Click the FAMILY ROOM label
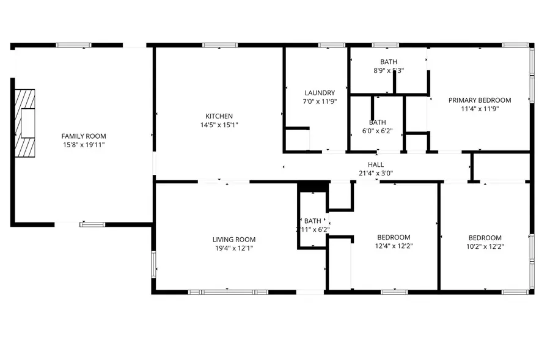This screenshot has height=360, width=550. tap(84, 136)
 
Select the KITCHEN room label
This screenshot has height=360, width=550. tap(219, 116)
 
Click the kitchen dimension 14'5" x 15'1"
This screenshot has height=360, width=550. tap(219, 125)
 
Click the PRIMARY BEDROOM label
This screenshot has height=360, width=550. tap(480, 100)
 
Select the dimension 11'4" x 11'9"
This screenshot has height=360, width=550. tap(480, 109)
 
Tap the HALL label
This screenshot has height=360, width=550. tap(376, 164)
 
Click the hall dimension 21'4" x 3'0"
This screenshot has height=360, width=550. tap(376, 173)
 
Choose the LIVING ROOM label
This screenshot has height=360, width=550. tap(234, 239)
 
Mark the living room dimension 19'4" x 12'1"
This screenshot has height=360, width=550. tap(234, 248)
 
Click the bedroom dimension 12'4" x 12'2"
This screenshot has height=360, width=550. tap(394, 246)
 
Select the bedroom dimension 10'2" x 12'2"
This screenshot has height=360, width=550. tap(485, 247)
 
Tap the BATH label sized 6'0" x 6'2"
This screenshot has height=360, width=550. tap(377, 122)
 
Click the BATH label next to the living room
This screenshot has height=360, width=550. tap(313, 221)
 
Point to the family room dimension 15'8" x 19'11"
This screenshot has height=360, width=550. tap(84, 145)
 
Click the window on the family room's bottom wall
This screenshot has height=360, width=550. tap(92, 224)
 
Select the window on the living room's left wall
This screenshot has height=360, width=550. tap(153, 264)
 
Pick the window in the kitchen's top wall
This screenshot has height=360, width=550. tap(220, 45)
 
